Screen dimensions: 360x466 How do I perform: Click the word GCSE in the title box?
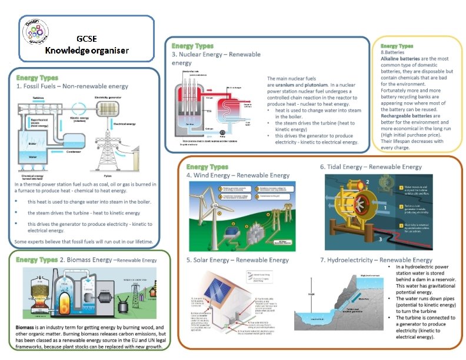click(x=87, y=39)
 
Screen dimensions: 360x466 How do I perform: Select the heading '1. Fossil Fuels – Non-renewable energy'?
click(x=72, y=86)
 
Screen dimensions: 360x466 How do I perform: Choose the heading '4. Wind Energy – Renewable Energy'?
click(x=238, y=175)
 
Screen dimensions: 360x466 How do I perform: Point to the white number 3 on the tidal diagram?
click(x=380, y=239)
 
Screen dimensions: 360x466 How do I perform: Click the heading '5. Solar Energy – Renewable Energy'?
click(x=237, y=260)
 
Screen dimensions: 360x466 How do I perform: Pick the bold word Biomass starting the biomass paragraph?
click(x=29, y=326)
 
